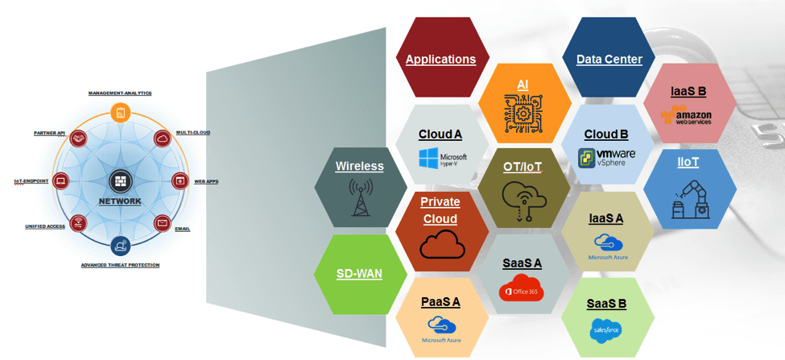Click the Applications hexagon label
click(x=440, y=59)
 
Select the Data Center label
click(x=609, y=59)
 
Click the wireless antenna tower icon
click(x=359, y=198)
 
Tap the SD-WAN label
click(x=359, y=273)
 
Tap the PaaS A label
click(x=440, y=302)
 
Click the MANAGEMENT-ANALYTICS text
click(x=120, y=93)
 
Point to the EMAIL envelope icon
click(x=162, y=221)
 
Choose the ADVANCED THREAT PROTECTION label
click(x=120, y=265)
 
